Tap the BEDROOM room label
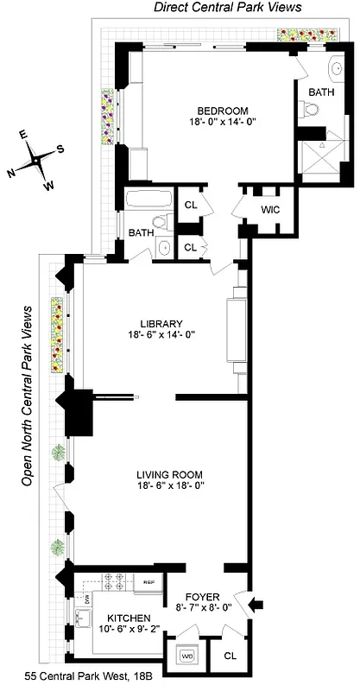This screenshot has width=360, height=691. (223, 111)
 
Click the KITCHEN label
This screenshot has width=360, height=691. (129, 618)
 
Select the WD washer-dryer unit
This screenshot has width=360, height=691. (186, 656)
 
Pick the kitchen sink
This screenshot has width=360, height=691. (83, 617)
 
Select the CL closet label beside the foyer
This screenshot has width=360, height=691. (230, 656)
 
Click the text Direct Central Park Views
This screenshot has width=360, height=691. (228, 7)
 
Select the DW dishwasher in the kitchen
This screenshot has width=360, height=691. (87, 597)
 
